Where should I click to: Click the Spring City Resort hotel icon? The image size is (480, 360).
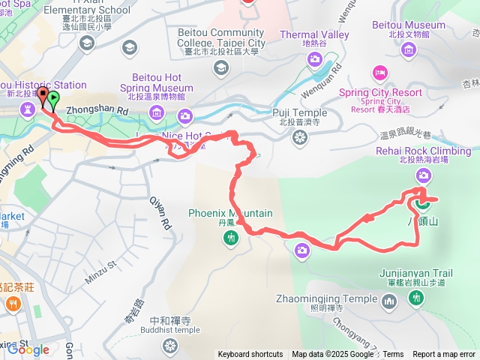pyautogui.click(x=379, y=73)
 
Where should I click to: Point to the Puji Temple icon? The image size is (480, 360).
pyautogui.click(x=300, y=137)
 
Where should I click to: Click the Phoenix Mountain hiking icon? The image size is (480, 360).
pyautogui.click(x=230, y=238)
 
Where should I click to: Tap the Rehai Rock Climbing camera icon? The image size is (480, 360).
pyautogui.click(x=424, y=175)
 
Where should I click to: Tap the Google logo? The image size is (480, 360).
pyautogui.click(x=28, y=349)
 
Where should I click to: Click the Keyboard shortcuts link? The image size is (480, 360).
pyautogui.click(x=250, y=355)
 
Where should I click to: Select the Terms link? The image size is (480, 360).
pyautogui.click(x=393, y=355)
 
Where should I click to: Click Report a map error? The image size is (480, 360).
pyautogui.click(x=444, y=355)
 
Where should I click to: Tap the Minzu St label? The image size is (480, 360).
pyautogui.click(x=102, y=265)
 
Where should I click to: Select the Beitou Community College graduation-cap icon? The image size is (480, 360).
pyautogui.click(x=220, y=69)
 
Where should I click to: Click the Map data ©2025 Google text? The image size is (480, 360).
pyautogui.click(x=334, y=355)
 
